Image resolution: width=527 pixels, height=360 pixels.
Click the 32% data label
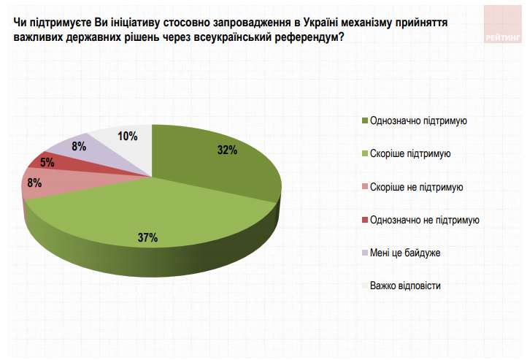(x=228, y=150)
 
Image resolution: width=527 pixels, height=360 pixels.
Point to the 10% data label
(x=127, y=136)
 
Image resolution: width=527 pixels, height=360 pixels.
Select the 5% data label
(x=47, y=163)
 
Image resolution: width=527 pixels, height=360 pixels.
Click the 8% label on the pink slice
(x=34, y=183)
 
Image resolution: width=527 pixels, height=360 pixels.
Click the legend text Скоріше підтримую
(x=410, y=153)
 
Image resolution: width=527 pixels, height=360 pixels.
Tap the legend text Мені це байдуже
(x=405, y=253)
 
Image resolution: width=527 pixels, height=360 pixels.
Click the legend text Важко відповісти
(x=405, y=286)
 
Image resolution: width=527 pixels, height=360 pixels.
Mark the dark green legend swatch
(x=363, y=120)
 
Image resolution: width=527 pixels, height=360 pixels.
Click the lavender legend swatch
(x=363, y=253)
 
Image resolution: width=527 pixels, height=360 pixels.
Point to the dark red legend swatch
(x=363, y=220)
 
